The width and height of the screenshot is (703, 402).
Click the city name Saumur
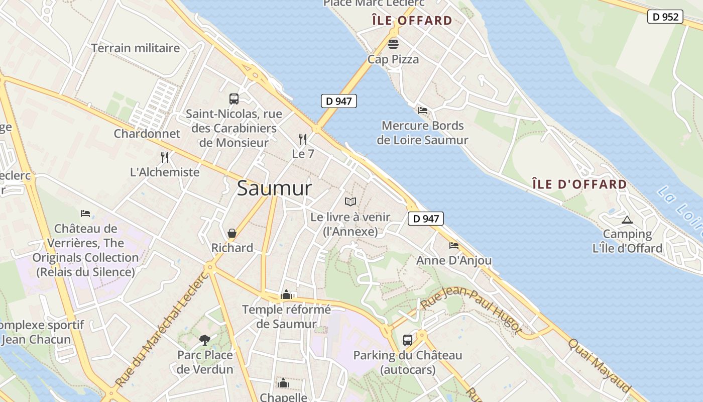coord(274,188)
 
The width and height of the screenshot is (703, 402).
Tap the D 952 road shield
coord(665,17)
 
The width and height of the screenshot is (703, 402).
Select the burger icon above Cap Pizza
coord(393,44)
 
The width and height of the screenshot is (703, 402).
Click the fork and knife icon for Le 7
coord(303,139)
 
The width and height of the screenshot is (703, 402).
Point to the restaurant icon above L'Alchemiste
coord(165,157)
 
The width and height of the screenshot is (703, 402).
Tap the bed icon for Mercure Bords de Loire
coord(423,111)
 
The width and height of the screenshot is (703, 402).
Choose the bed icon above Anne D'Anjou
coord(454,246)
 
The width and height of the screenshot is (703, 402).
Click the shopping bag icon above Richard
coord(232,233)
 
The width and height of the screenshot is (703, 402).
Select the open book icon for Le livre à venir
coord(350,202)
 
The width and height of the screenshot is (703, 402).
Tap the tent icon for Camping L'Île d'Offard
coord(627,220)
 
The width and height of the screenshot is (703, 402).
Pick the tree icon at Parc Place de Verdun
coord(205,340)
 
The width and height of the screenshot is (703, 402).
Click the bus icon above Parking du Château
coord(408,340)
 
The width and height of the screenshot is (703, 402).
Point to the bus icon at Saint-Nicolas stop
coord(234,98)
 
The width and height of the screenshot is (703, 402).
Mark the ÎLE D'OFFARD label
coord(579,184)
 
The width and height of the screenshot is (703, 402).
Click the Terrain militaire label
coord(136,48)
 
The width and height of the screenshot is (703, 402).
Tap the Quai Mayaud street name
coord(599,365)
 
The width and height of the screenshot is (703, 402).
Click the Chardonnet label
coord(147,134)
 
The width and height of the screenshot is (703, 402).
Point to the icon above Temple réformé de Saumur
coord(286,294)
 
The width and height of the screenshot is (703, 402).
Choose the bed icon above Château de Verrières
coord(85,214)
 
